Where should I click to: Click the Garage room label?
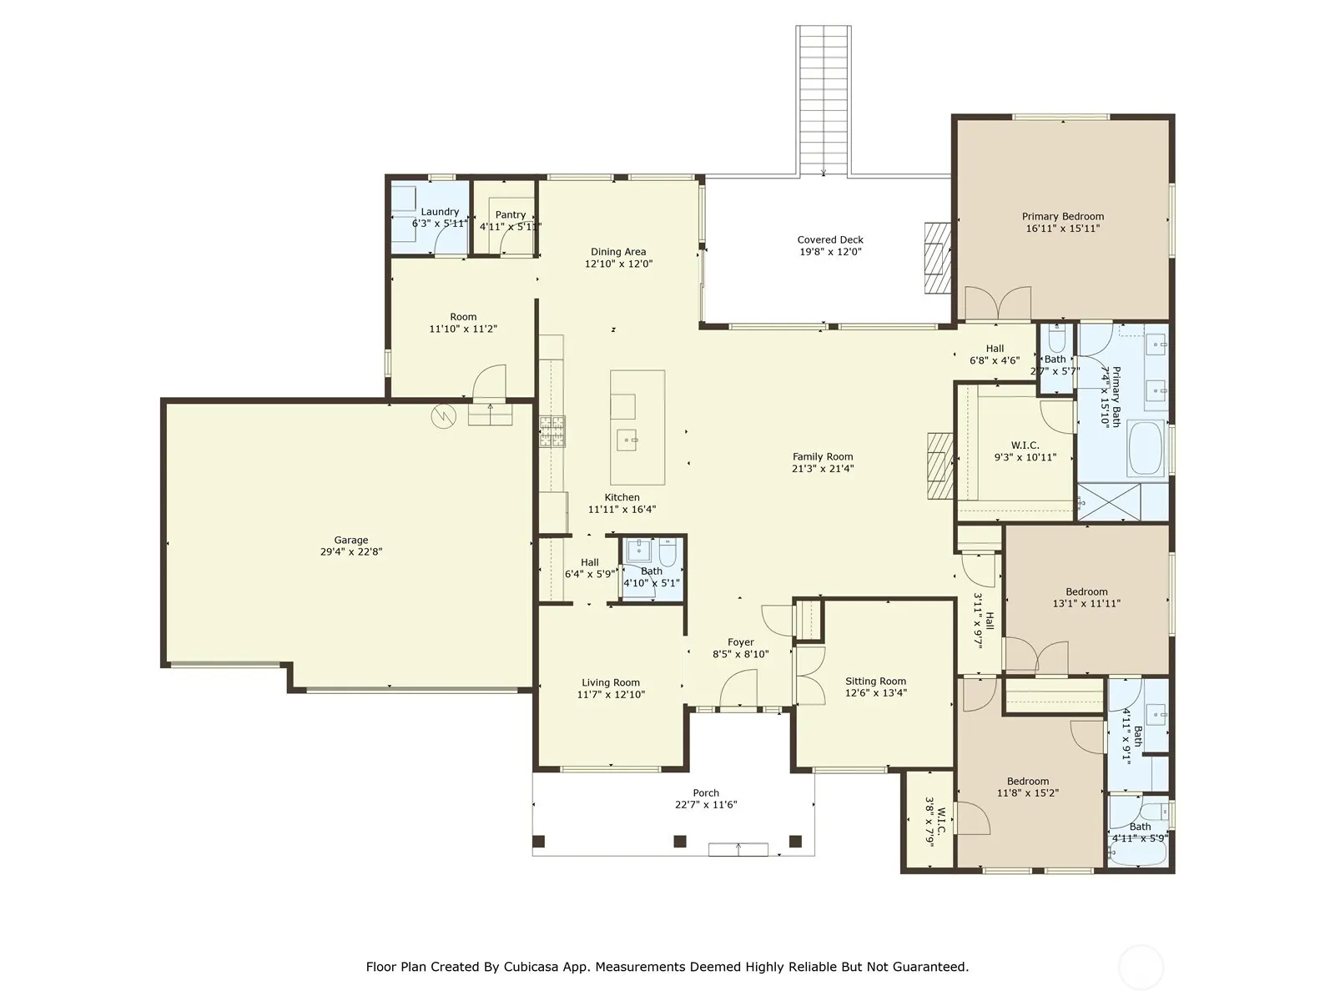351,540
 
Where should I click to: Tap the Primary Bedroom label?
1062,216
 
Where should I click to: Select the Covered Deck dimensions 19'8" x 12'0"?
830,252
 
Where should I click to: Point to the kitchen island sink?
627,439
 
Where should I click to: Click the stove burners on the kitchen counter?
552,431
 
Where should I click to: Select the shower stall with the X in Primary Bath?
1109,501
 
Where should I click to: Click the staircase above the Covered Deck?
824,101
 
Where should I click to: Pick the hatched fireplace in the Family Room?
940,465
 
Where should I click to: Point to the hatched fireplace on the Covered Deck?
937,259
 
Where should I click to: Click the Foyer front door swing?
738,689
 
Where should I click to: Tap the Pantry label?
511,214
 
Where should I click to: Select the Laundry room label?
440,212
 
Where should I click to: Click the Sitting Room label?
876,681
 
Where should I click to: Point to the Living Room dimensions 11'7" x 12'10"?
611,694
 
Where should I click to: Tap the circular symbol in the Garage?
443,416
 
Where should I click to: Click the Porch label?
706,792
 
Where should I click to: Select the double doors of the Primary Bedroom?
998,303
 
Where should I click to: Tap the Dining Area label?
618,252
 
